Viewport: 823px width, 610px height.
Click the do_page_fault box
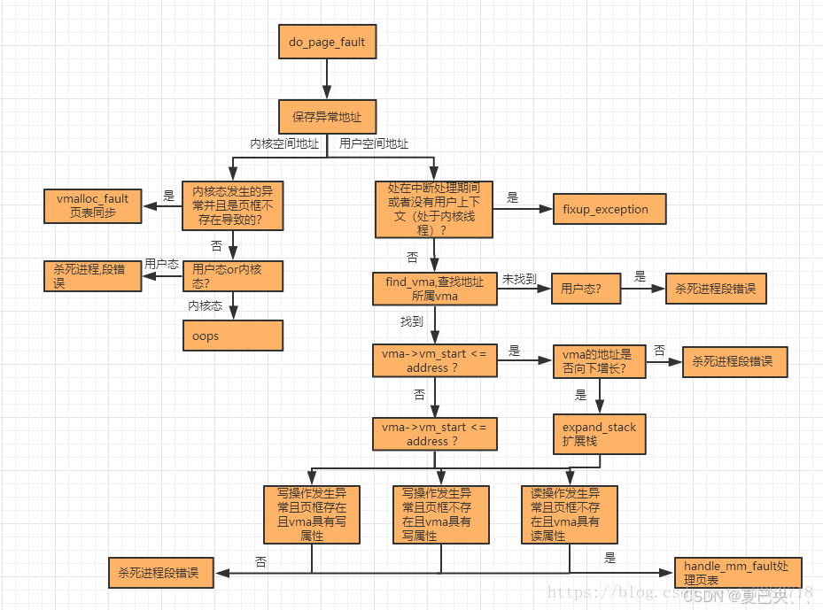click(326, 42)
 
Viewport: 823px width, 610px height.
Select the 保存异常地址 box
click(326, 116)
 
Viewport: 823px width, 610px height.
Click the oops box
click(232, 336)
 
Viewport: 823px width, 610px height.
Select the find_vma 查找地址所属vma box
click(434, 289)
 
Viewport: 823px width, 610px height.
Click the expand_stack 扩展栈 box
click(599, 434)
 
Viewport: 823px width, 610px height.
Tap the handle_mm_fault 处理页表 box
click(729, 572)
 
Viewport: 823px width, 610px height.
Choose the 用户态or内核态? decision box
click(232, 276)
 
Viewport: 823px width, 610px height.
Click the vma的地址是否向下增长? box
click(599, 362)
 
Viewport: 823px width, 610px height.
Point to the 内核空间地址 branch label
click(283, 144)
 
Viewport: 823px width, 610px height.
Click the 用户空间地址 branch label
click(374, 144)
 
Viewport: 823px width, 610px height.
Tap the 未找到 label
click(519, 279)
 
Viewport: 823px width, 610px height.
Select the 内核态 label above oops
click(205, 305)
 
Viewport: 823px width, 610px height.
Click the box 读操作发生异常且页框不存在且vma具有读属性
click(569, 514)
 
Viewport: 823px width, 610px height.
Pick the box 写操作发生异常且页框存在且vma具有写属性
click(312, 514)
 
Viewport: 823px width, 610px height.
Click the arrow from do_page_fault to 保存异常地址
click(326, 80)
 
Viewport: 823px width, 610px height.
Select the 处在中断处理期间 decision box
click(434, 209)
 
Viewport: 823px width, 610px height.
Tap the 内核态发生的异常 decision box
click(232, 205)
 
